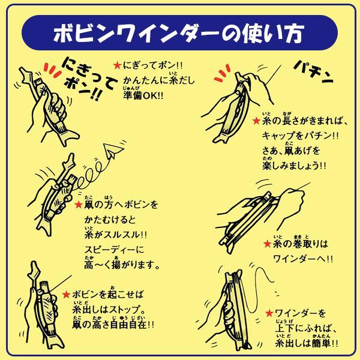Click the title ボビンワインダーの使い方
(x=180, y=31)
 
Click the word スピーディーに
(x=113, y=250)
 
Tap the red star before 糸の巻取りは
(x=267, y=244)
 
